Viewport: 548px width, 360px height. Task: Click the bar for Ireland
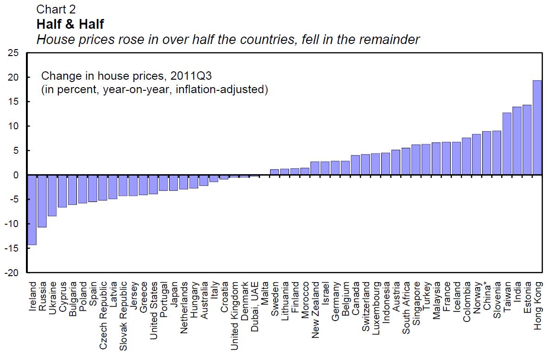tap(32, 209)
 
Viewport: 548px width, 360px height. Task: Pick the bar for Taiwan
tap(507, 144)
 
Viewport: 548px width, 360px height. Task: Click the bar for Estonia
tap(527, 140)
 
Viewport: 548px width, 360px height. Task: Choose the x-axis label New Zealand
tap(315, 309)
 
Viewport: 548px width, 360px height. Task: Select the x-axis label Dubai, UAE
tap(254, 306)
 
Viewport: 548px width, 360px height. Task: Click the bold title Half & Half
tap(70, 24)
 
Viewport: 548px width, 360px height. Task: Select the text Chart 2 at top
tap(56, 9)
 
